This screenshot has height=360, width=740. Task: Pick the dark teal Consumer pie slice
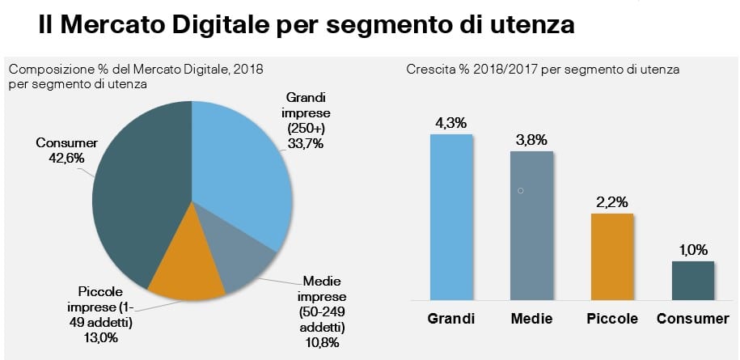pyautogui.click(x=133, y=202)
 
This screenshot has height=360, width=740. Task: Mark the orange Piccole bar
pyautogui.click(x=612, y=256)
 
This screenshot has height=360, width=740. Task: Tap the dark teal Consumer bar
pyautogui.click(x=693, y=280)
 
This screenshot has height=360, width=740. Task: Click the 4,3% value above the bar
pyautogui.click(x=451, y=122)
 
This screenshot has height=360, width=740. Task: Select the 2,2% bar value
pyautogui.click(x=612, y=201)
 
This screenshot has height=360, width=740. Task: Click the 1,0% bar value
pyautogui.click(x=693, y=250)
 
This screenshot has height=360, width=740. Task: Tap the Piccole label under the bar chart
pyautogui.click(x=612, y=319)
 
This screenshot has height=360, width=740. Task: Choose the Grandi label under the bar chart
pyautogui.click(x=451, y=319)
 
